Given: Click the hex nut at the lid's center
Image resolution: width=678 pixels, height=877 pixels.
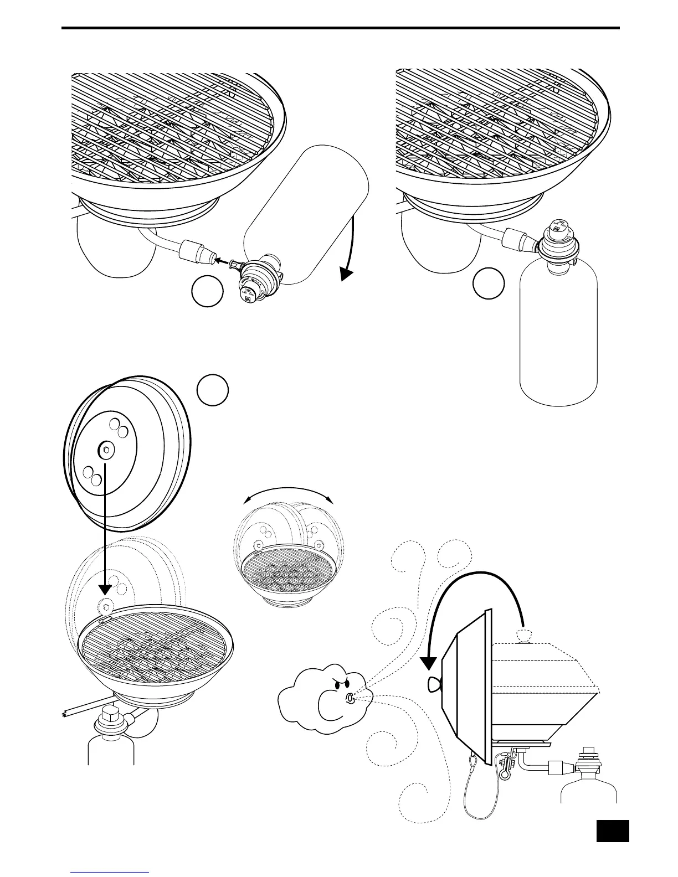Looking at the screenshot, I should (104, 451).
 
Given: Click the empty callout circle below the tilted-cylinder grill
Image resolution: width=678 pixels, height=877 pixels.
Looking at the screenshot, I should (207, 293).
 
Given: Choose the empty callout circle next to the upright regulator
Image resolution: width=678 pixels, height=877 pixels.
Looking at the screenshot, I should (489, 284).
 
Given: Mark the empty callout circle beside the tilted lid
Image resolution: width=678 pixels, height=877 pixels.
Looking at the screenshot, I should (212, 390).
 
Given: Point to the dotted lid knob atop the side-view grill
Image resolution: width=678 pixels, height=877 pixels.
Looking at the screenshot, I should (522, 635).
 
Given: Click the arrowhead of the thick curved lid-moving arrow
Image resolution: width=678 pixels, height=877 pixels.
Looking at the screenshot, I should (429, 662).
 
